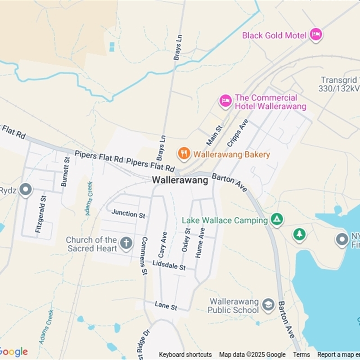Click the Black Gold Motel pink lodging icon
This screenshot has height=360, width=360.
[x=316, y=35]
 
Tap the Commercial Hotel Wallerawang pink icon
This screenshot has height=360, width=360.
[x=225, y=101]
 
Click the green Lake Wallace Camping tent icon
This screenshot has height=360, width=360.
[x=277, y=220]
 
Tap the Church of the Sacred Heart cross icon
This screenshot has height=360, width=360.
[x=126, y=243]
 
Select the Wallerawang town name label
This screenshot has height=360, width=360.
[x=180, y=180]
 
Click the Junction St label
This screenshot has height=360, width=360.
[x=128, y=213]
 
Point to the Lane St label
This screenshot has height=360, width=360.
[x=166, y=306]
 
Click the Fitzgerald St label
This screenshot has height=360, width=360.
[x=40, y=214]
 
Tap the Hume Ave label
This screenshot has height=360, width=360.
[x=200, y=243]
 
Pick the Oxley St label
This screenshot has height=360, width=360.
[x=186, y=240]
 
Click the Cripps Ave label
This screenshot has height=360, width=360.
[x=238, y=133]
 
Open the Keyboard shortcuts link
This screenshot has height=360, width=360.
[x=185, y=355]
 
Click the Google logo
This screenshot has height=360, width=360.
[x=13, y=352]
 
